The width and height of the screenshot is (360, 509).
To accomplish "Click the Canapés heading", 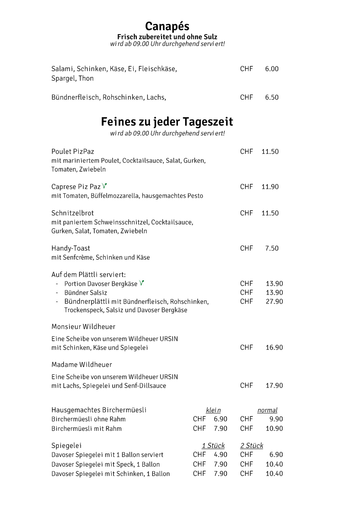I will pos(167,27).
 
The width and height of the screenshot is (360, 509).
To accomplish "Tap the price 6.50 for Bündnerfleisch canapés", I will pos(272,97).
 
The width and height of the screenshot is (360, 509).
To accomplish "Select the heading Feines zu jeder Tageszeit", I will pos(167,122).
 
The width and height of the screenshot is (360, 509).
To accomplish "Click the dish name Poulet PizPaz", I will pos(73,152).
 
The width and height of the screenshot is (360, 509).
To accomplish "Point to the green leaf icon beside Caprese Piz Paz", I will pos(104,186).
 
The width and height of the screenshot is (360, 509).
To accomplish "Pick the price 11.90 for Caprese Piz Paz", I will pos(270,187).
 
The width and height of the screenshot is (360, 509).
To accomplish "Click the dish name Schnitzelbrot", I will pos(72,213).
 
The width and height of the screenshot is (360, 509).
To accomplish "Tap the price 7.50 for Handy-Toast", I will pos(272,248).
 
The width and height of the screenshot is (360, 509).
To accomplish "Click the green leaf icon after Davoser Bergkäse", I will pos(142,283).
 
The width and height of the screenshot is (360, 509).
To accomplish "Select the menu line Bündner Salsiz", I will pos(86,293).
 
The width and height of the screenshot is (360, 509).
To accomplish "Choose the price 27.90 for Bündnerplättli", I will pos(274,302).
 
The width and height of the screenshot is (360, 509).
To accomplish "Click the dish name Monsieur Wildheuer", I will pos(83,327).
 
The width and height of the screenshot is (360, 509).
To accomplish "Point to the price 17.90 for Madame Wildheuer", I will pos(274,386).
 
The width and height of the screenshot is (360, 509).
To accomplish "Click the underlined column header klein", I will pos(213,410).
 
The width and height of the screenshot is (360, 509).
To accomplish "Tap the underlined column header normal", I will pos(267,410).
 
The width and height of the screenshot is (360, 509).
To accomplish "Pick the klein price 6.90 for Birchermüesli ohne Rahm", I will pos(220,419).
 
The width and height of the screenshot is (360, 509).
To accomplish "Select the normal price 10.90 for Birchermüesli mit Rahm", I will pos(274,429).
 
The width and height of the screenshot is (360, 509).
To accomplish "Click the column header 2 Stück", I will pos(252,446).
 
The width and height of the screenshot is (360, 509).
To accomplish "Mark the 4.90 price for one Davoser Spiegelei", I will pos(220,455).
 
